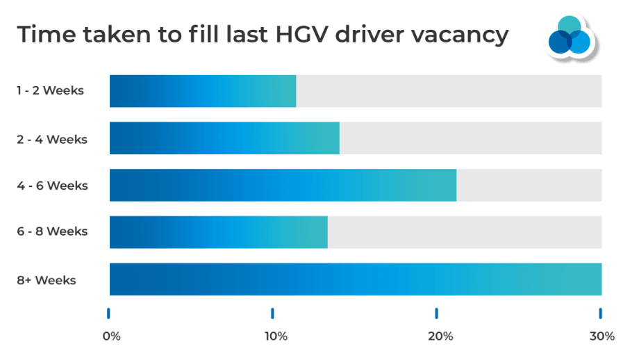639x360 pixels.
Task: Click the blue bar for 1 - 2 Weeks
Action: pyautogui.click(x=202, y=91)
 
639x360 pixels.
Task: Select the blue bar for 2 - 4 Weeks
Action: pyautogui.click(x=224, y=138)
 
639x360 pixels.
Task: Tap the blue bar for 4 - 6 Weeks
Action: pyautogui.click(x=282, y=186)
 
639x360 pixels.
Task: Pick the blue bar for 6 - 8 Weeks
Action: pyautogui.click(x=218, y=232)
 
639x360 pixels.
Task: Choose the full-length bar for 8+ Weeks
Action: pyautogui.click(x=355, y=279)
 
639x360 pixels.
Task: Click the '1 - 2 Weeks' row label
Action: pyautogui.click(x=50, y=91)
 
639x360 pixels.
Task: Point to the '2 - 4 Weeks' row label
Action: pyautogui.click(x=52, y=138)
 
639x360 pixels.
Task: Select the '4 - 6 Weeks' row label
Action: pyautogui.click(x=52, y=186)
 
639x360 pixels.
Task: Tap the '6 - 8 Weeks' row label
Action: pyautogui.click(x=52, y=232)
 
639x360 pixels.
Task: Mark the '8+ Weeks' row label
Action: pyautogui.click(x=46, y=280)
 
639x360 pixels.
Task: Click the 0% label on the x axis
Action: pyautogui.click(x=111, y=336)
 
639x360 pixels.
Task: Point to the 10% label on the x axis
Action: pyautogui.click(x=276, y=336)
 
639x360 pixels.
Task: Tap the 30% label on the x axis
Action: pyautogui.click(x=602, y=336)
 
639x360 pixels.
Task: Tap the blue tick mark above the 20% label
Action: pyautogui.click(x=436, y=313)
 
